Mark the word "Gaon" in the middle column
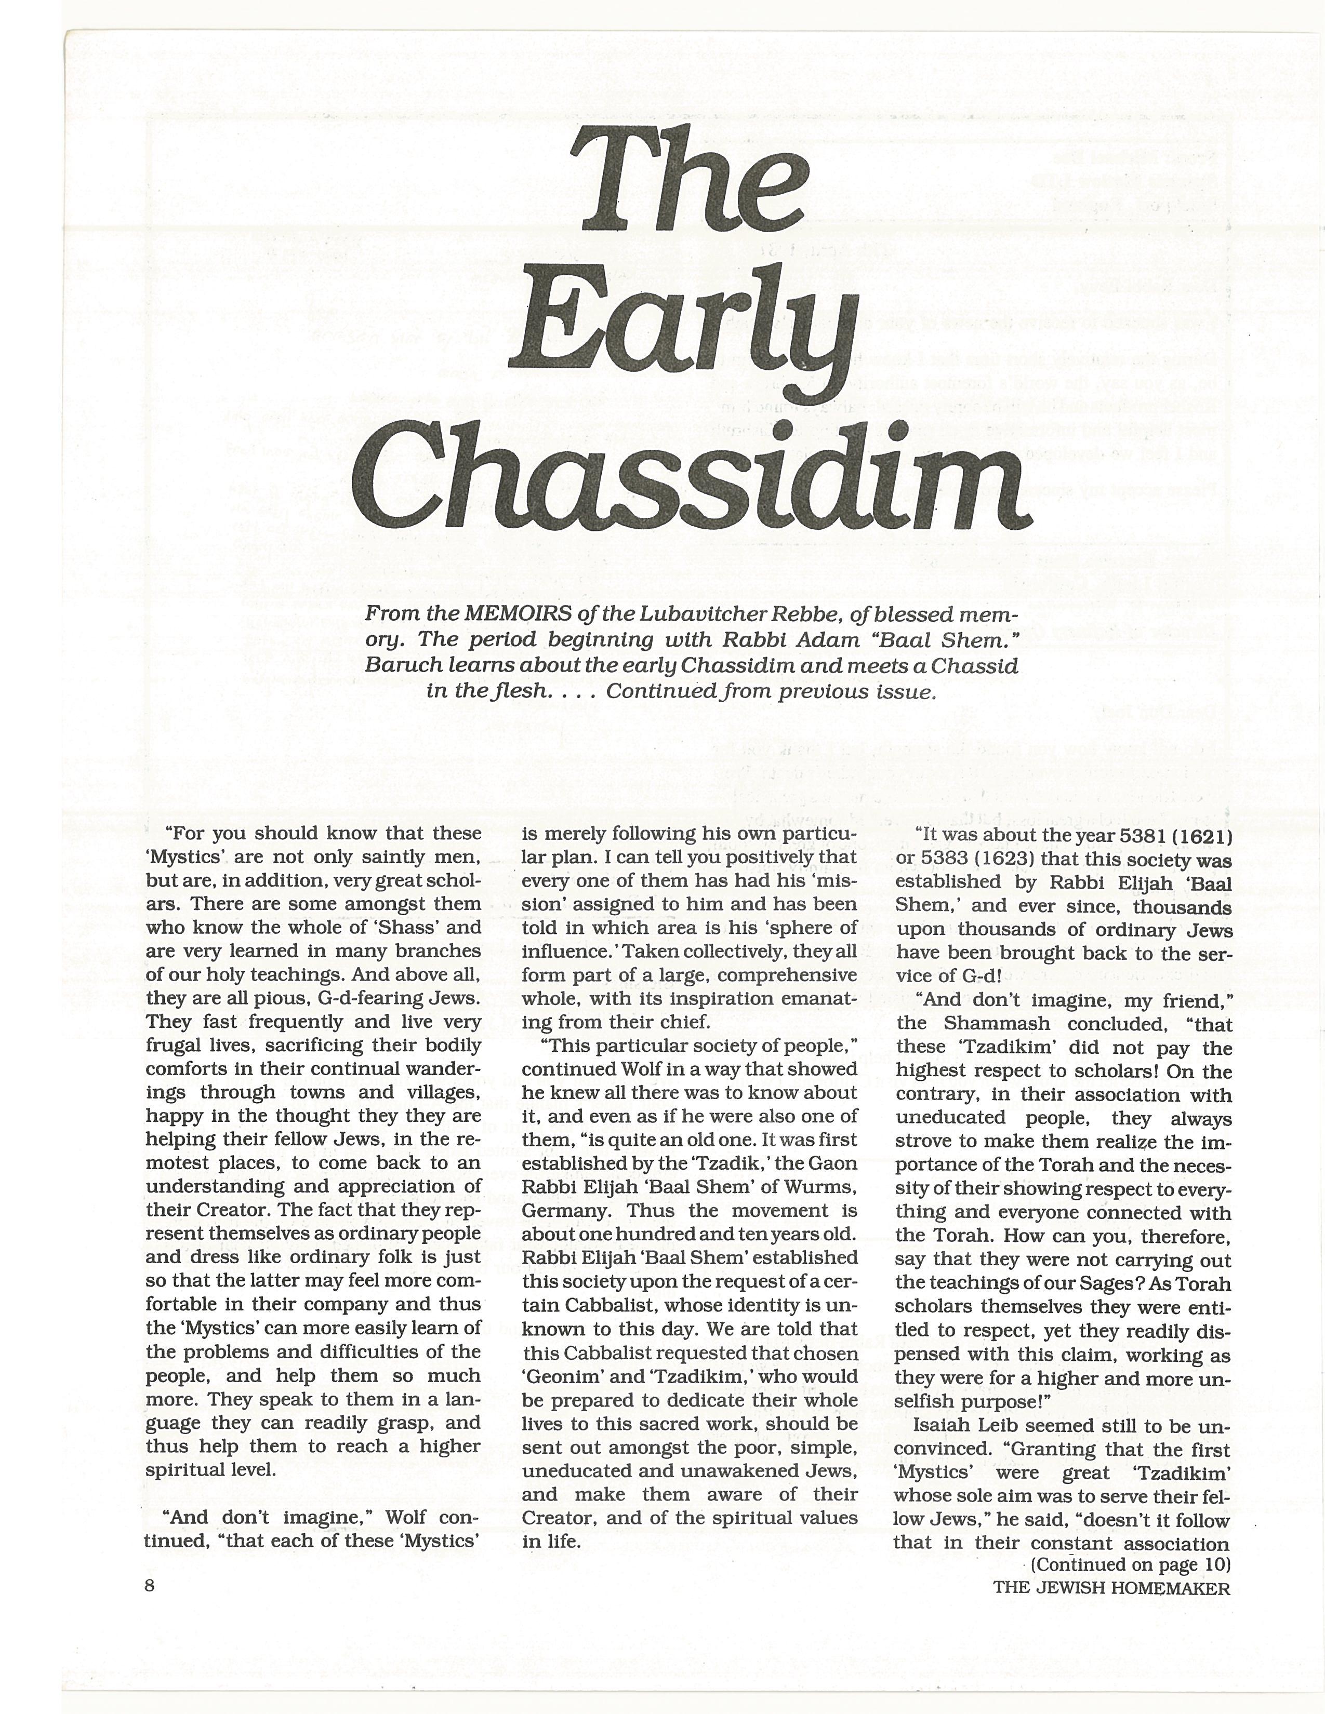pyautogui.click(x=835, y=1164)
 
